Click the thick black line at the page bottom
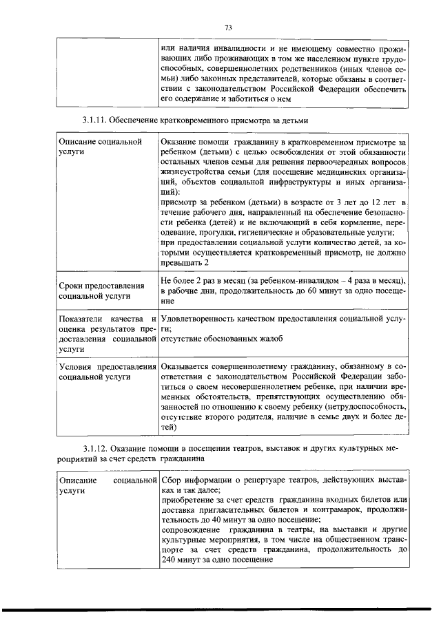coord(220,610)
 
